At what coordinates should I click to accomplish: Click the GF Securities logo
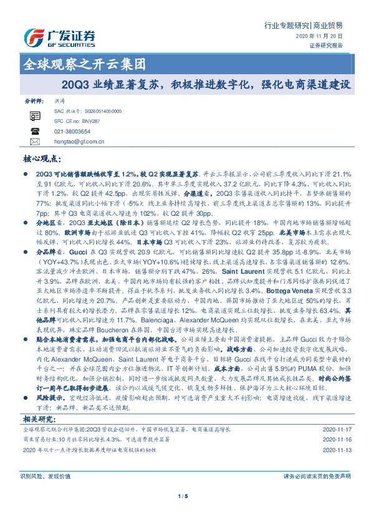click(59, 37)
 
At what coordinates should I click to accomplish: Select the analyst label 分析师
click(32, 99)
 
